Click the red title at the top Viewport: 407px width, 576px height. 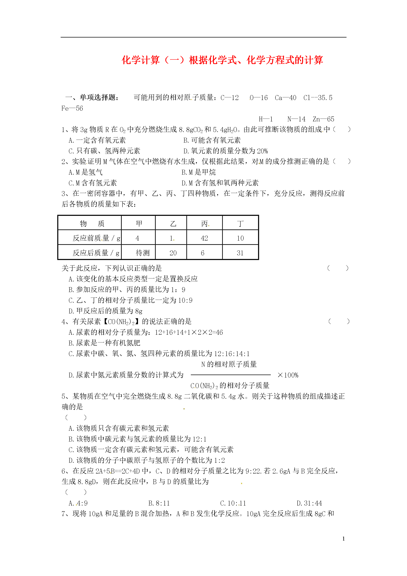click(x=222, y=60)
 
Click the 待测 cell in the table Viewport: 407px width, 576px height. click(x=142, y=253)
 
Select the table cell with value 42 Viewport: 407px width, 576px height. click(x=204, y=238)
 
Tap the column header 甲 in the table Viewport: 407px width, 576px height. click(x=139, y=223)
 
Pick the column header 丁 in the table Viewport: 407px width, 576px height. click(x=240, y=223)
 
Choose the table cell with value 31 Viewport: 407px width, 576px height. click(x=240, y=253)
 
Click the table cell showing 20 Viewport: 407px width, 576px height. click(x=173, y=253)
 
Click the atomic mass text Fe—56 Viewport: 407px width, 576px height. click(x=72, y=108)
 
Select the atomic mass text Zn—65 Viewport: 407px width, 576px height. click(x=323, y=119)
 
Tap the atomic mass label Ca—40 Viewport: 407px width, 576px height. click(x=285, y=98)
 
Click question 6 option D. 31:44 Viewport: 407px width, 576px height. click(x=309, y=503)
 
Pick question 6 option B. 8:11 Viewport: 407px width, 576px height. click(x=159, y=503)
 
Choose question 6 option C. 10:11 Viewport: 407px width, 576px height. click(x=233, y=503)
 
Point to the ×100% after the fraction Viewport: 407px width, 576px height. click(x=288, y=375)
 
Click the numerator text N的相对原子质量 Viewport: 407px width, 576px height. click(x=229, y=364)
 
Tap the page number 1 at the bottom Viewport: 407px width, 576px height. click(x=343, y=539)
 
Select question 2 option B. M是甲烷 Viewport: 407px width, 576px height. click(x=199, y=172)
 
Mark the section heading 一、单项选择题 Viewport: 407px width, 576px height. click(x=92, y=97)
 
